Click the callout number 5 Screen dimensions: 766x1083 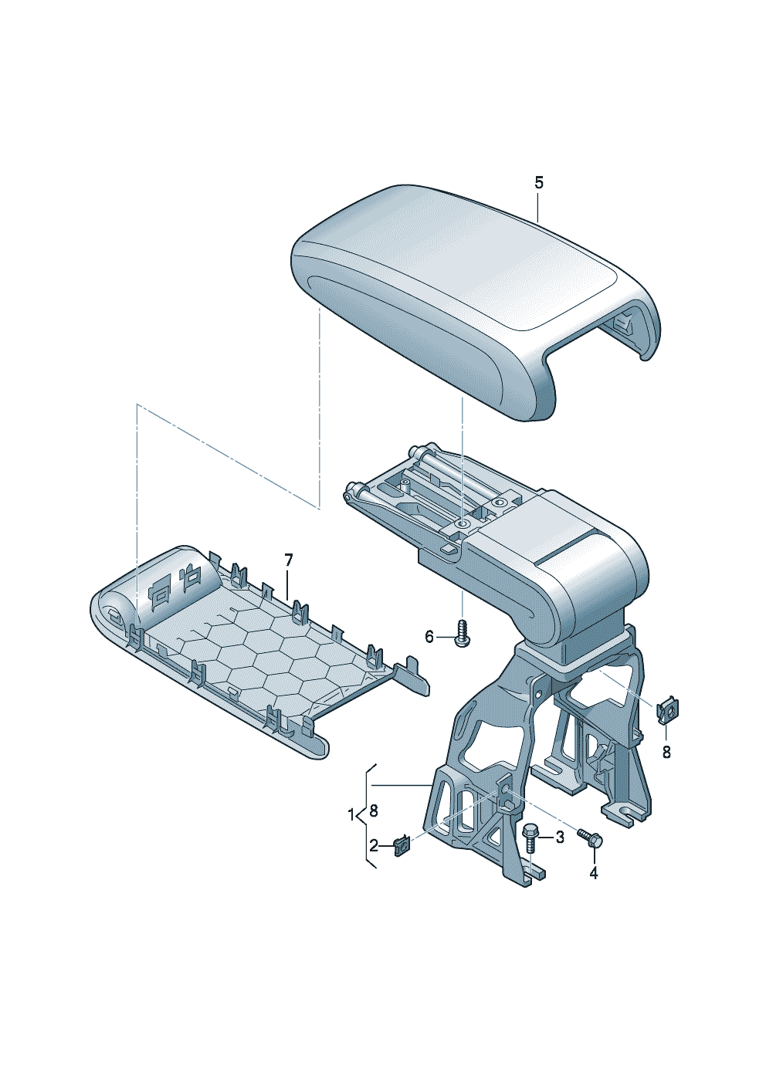(x=539, y=183)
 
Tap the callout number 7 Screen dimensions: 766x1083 (x=288, y=561)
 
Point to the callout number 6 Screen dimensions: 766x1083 (x=429, y=638)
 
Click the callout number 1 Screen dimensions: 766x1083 (x=351, y=814)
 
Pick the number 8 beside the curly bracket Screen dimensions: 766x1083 (x=373, y=811)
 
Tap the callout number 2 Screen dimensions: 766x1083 (x=374, y=846)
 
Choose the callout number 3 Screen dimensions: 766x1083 (x=560, y=837)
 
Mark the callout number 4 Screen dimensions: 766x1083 (x=593, y=873)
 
